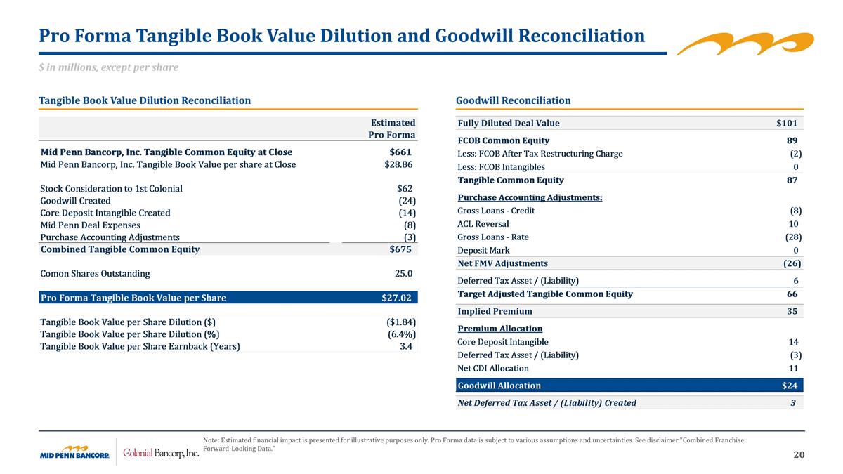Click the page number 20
(x=799, y=455)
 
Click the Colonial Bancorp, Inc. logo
(x=161, y=453)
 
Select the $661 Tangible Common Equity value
(x=400, y=152)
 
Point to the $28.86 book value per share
(x=398, y=164)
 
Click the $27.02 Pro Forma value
(x=396, y=298)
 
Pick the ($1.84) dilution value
(x=397, y=322)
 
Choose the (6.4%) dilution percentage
(x=401, y=334)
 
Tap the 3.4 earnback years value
(x=405, y=346)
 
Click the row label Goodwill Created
(x=75, y=200)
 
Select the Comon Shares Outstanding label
(x=95, y=273)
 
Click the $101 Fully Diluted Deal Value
(x=786, y=123)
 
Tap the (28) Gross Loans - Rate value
(x=793, y=237)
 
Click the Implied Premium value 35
(x=792, y=311)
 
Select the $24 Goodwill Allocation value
(x=790, y=385)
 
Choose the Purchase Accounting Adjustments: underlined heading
(x=530, y=197)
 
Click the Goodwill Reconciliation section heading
(x=513, y=100)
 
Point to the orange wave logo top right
(x=745, y=43)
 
